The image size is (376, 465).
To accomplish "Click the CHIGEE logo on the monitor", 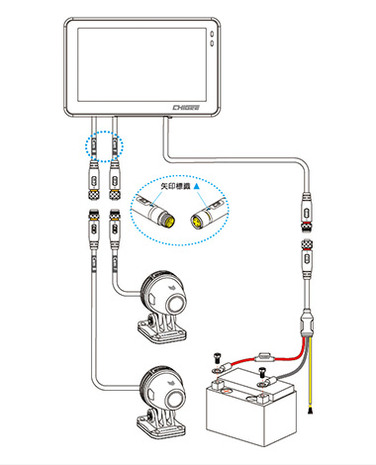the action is pyautogui.click(x=186, y=108).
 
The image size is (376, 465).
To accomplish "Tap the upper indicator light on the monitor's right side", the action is pyautogui.click(x=212, y=34).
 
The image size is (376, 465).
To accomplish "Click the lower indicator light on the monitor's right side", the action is pyautogui.click(x=212, y=44).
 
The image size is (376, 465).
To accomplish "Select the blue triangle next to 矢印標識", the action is pyautogui.click(x=197, y=186).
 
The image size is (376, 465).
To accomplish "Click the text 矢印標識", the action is pyautogui.click(x=176, y=186).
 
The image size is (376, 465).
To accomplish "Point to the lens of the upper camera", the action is pyautogui.click(x=175, y=303).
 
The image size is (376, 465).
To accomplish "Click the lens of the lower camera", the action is pyautogui.click(x=175, y=400).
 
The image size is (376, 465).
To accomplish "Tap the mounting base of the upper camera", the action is pyautogui.click(x=161, y=329).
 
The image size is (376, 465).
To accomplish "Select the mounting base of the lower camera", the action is pyautogui.click(x=161, y=425).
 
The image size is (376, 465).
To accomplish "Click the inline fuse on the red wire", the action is pyautogui.click(x=264, y=357).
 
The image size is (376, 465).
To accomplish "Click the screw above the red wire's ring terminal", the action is pyautogui.click(x=218, y=356).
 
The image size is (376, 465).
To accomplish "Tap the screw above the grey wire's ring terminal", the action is pyautogui.click(x=262, y=371).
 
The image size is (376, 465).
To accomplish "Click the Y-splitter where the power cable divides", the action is pyautogui.click(x=307, y=325).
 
